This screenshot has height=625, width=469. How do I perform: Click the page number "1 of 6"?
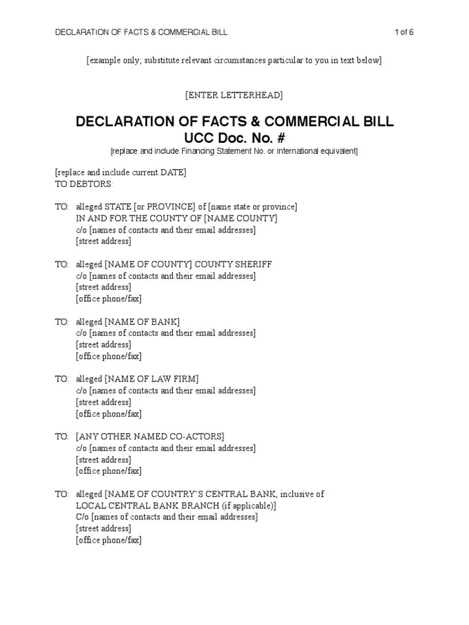pos(404,32)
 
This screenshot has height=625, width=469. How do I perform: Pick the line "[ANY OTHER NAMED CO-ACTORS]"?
pos(150,436)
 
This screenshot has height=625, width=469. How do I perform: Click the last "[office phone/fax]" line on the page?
pos(109,540)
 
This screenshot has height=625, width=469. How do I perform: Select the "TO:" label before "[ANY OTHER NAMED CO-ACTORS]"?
pos(62,436)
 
